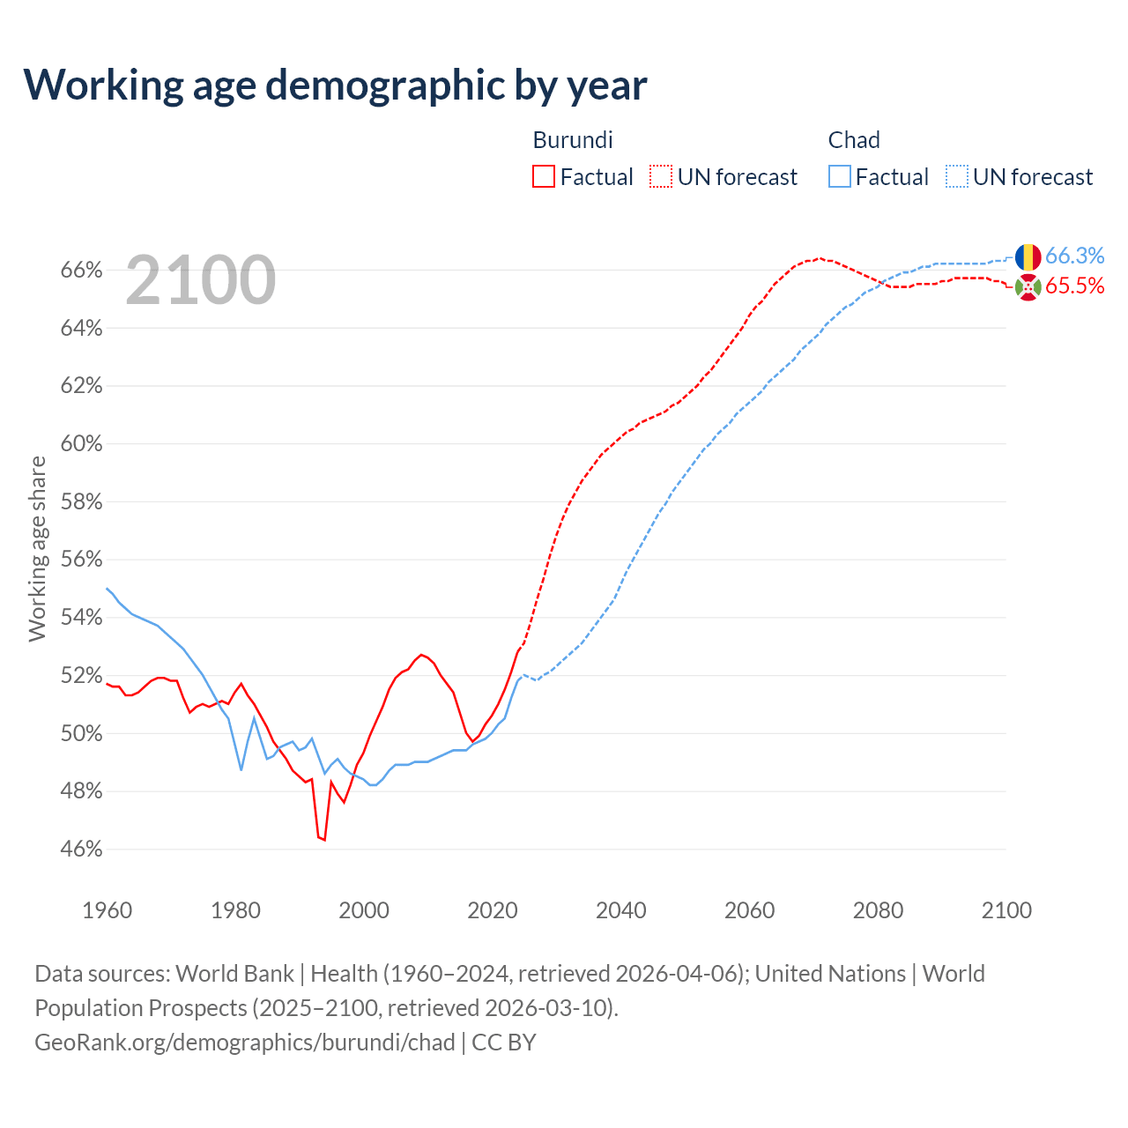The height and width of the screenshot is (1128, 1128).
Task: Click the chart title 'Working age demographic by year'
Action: [x=335, y=85]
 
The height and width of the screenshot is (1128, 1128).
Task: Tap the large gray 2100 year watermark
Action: [x=201, y=280]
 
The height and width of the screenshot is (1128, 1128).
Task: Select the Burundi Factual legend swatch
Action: [x=544, y=176]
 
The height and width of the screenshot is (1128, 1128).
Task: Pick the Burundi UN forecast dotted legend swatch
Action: [x=661, y=176]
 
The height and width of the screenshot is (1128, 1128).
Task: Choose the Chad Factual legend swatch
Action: [x=840, y=176]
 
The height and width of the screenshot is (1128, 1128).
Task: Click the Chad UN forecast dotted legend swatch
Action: [x=957, y=176]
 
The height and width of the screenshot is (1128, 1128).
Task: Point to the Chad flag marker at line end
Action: [x=1028, y=257]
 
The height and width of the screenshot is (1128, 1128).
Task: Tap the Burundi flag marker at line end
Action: [x=1028, y=286]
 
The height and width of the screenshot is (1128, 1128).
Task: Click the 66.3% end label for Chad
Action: [x=1074, y=256]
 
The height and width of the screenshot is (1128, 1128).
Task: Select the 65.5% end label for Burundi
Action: [x=1074, y=286]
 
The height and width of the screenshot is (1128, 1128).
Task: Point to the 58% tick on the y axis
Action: [x=81, y=502]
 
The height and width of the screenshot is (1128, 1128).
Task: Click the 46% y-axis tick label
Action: [x=81, y=850]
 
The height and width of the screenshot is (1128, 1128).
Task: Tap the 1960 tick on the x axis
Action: [x=107, y=910]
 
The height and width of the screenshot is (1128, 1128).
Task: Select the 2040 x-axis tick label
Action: [x=620, y=910]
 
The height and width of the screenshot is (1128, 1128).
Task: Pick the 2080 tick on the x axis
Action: [x=878, y=910]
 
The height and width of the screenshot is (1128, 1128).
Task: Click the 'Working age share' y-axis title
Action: [x=37, y=548]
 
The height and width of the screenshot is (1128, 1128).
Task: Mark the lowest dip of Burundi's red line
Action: [x=324, y=840]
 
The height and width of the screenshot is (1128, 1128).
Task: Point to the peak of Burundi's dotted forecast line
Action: [x=820, y=258]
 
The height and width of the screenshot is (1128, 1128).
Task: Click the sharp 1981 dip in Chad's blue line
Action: [x=241, y=770]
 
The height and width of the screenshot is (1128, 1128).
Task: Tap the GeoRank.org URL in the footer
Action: [x=244, y=1043]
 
